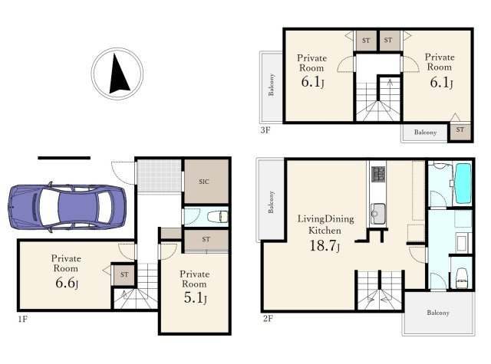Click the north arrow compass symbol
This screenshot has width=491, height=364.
[117, 74]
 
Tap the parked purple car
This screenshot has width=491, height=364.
[67, 207]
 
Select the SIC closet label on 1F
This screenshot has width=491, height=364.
[204, 182]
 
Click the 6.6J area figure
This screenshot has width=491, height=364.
[67, 283]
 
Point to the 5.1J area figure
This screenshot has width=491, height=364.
[195, 298]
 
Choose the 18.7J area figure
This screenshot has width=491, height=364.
[325, 245]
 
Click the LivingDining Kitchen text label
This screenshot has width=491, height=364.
[325, 225]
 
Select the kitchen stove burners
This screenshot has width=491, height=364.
[378, 174]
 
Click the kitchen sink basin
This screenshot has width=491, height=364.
[378, 214]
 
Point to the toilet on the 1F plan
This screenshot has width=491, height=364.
[218, 216]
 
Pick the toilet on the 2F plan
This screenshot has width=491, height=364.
[462, 277]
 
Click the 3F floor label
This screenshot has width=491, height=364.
[265, 130]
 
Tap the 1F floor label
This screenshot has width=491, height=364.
[23, 319]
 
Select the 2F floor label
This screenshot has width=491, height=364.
[268, 319]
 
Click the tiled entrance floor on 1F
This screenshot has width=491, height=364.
[159, 175]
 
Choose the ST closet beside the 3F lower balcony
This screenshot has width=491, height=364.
[460, 131]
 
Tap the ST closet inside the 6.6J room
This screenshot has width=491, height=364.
[124, 274]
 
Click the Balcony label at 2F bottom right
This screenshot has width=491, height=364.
[438, 313]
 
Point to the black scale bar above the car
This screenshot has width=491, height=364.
[64, 158]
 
